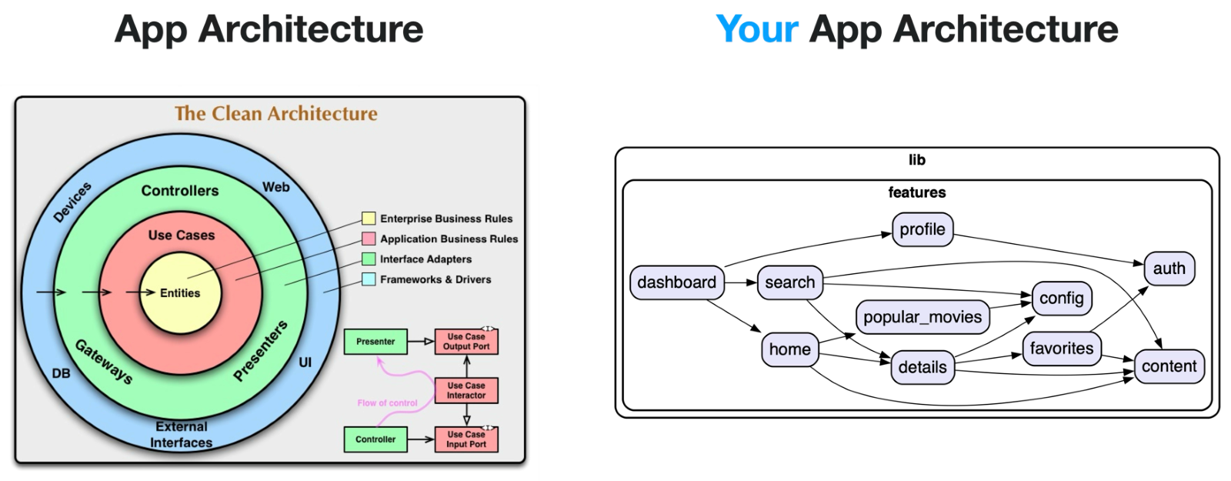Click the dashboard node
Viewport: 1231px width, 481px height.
(676, 282)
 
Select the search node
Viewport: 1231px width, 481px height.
(789, 282)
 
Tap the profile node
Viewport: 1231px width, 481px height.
(922, 229)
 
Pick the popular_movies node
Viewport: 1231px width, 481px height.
(922, 317)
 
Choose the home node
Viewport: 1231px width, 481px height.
(789, 349)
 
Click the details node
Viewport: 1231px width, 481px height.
(922, 367)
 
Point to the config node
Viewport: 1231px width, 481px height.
(1061, 299)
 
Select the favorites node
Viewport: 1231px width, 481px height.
(1061, 349)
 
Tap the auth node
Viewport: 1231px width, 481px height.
(1169, 269)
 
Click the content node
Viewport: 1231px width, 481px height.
(1169, 366)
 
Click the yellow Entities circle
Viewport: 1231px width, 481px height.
(181, 293)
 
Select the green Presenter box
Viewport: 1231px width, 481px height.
(375, 342)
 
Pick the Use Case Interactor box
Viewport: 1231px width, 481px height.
(466, 390)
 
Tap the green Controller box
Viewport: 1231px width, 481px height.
(375, 439)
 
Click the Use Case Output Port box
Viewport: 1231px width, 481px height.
(466, 342)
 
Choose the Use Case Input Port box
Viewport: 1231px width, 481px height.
(466, 439)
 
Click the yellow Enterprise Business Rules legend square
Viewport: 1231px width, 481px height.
(369, 219)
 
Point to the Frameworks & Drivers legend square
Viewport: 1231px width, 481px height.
(369, 279)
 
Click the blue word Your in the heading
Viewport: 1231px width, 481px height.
(757, 29)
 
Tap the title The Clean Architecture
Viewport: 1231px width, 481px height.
(276, 114)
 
